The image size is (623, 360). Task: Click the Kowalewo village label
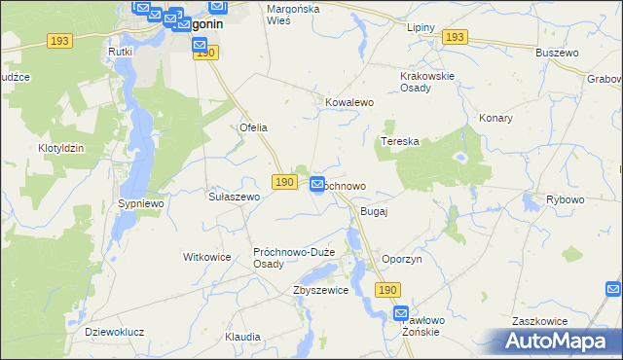pyautogui.click(x=349, y=101)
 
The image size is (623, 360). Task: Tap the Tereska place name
pyautogui.click(x=399, y=141)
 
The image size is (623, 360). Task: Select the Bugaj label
pyautogui.click(x=375, y=211)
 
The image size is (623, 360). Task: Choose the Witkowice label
pyautogui.click(x=206, y=257)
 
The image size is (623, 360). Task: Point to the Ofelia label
pyautogui.click(x=253, y=127)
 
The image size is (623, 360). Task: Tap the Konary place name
pyautogui.click(x=495, y=118)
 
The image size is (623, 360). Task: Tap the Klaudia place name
pyautogui.click(x=242, y=337)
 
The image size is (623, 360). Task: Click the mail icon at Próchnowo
pyautogui.click(x=318, y=184)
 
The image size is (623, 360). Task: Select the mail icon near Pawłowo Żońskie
pyautogui.click(x=402, y=313)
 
